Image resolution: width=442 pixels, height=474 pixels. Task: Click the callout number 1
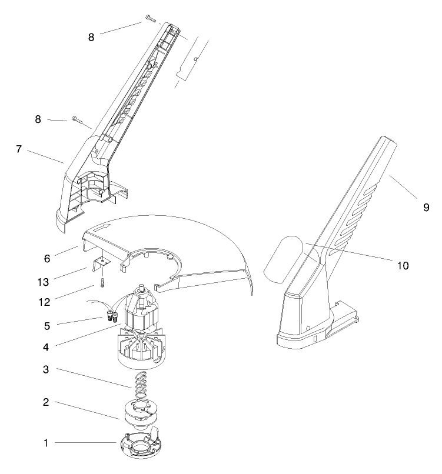pyautogui.click(x=46, y=443)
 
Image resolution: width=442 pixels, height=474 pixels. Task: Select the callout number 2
pyautogui.click(x=46, y=403)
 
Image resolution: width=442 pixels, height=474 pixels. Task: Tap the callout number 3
pyautogui.click(x=46, y=370)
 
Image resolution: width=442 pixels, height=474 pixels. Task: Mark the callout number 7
pyautogui.click(x=19, y=149)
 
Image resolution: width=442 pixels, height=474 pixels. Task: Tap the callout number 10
pyautogui.click(x=403, y=265)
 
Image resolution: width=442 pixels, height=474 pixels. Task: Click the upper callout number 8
pyautogui.click(x=91, y=37)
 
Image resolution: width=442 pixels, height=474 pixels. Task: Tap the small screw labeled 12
pyautogui.click(x=101, y=283)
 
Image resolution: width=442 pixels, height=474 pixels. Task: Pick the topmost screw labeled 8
pyautogui.click(x=148, y=19)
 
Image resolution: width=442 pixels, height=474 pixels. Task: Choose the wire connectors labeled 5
pyautogui.click(x=110, y=316)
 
